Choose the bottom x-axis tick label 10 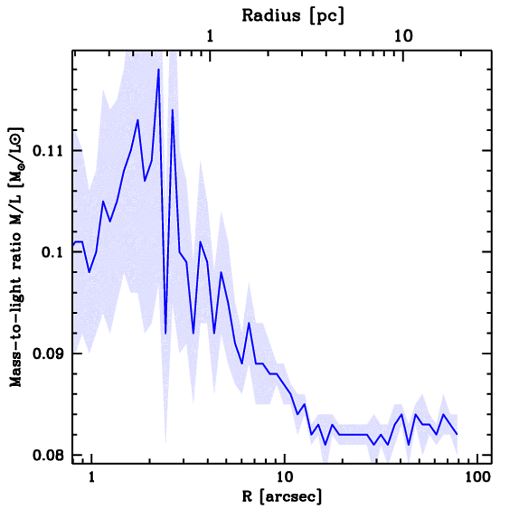(x=284, y=477)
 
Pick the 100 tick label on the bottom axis (x=477, y=477)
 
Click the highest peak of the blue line (x=159, y=69)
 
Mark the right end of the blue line (x=457, y=434)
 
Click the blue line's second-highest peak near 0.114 (x=172, y=109)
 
